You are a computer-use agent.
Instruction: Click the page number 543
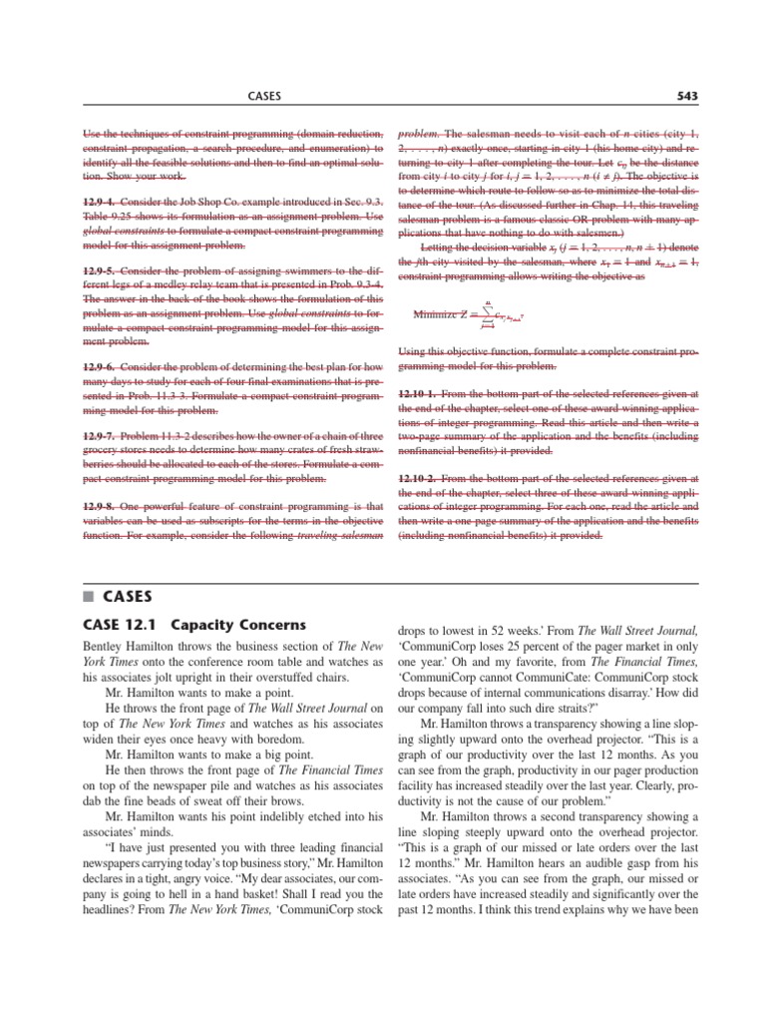click(686, 96)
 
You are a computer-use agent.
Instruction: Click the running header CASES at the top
click(263, 96)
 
